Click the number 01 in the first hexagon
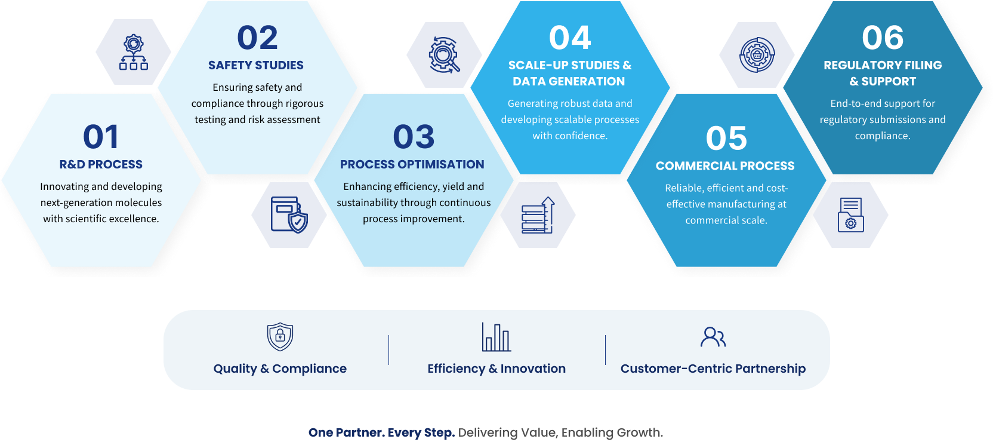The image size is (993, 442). (x=101, y=137)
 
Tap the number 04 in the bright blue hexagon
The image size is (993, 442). (x=570, y=38)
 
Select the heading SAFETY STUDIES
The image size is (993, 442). (x=256, y=65)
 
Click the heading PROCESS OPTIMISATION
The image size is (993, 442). (x=412, y=164)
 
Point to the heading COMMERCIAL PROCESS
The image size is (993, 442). (x=725, y=166)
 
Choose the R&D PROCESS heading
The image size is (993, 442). (x=101, y=164)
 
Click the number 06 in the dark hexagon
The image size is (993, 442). (x=883, y=38)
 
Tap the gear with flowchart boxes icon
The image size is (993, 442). (x=134, y=53)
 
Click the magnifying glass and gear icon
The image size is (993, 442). (x=444, y=55)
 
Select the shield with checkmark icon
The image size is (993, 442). (x=289, y=215)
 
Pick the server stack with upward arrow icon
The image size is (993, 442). (x=538, y=215)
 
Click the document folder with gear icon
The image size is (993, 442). (x=851, y=215)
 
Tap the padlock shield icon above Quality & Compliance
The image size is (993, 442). (x=280, y=337)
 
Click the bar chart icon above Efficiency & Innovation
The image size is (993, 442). (x=496, y=337)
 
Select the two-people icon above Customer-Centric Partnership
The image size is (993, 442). (x=713, y=337)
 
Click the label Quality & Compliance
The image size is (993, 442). (x=280, y=369)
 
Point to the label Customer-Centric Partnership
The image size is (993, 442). (x=713, y=369)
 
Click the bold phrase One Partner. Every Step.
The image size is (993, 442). (x=382, y=432)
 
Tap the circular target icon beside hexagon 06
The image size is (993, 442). (x=757, y=55)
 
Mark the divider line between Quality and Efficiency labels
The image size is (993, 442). (x=388, y=350)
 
